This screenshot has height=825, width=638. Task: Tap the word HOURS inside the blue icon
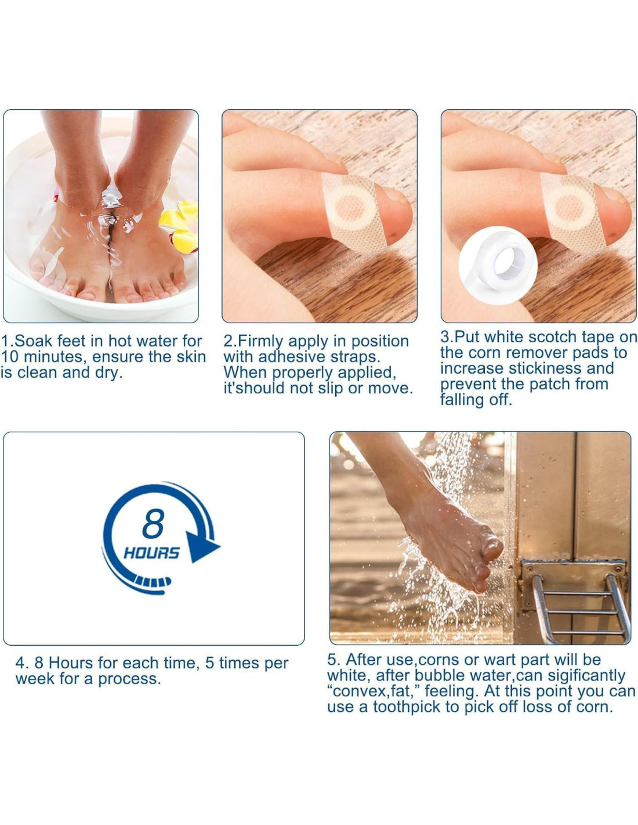tap(151, 553)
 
